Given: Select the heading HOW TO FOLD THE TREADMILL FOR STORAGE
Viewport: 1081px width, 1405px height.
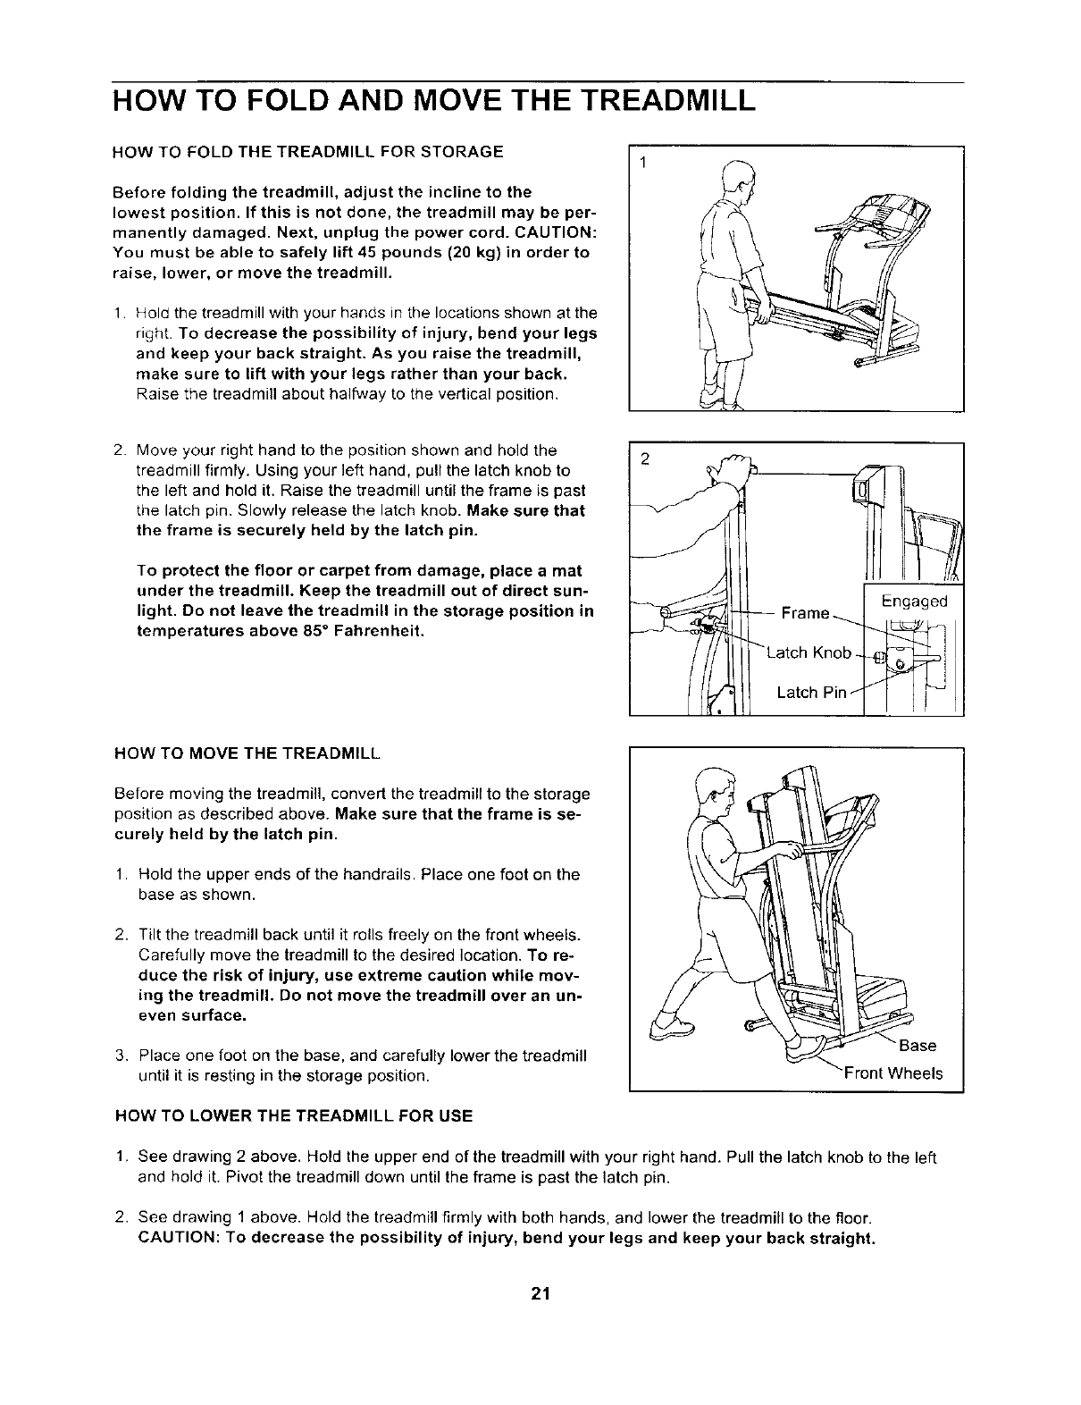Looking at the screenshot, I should (307, 151).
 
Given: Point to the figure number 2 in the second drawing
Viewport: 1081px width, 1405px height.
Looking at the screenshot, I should (642, 459).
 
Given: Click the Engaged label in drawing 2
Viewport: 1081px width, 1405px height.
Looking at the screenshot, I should (913, 602).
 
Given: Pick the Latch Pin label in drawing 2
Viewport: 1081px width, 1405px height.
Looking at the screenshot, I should (810, 693).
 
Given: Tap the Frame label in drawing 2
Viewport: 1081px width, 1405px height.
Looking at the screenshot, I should (805, 613).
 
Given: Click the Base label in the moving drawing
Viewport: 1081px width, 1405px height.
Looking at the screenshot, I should (918, 1046).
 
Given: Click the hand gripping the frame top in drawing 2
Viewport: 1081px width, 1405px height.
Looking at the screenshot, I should (733, 467).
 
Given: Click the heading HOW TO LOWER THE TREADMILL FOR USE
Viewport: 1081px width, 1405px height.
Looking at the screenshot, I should (294, 1116).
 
